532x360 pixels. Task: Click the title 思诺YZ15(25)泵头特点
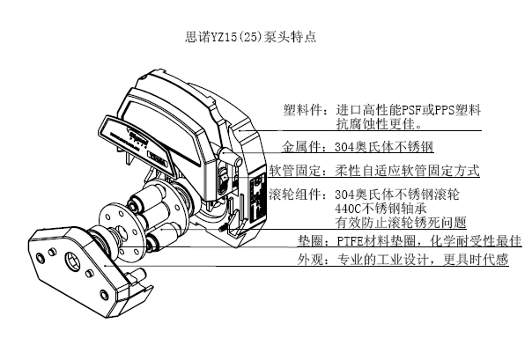(x=251, y=37)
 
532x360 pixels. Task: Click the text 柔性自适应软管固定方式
(x=407, y=170)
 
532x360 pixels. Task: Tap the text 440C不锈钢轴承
(x=381, y=208)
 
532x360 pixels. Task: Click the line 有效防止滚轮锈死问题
(x=401, y=223)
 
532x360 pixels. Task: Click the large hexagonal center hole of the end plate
(x=74, y=261)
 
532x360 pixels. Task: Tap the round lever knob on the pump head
(x=225, y=155)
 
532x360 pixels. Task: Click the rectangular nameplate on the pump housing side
(x=257, y=201)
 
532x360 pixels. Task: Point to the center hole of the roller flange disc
(x=122, y=231)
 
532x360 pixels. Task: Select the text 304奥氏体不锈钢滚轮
(x=397, y=195)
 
